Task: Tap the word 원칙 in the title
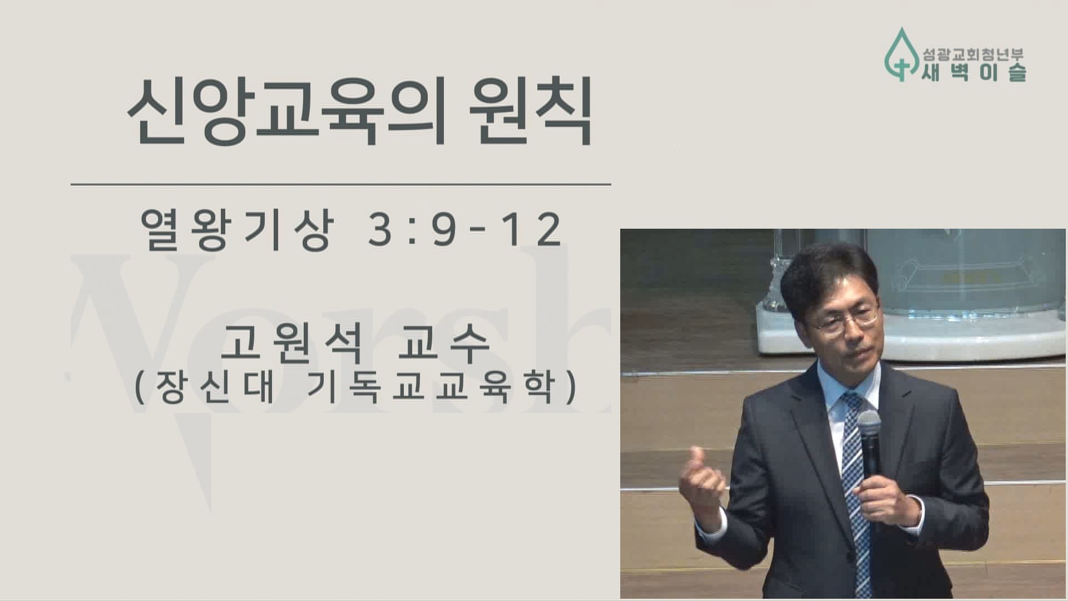point(530,111)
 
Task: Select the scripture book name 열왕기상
point(237,229)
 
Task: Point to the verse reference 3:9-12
point(465,229)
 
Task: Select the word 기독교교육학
point(431,386)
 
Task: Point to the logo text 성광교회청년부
point(973,55)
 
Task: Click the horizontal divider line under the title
point(340,184)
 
